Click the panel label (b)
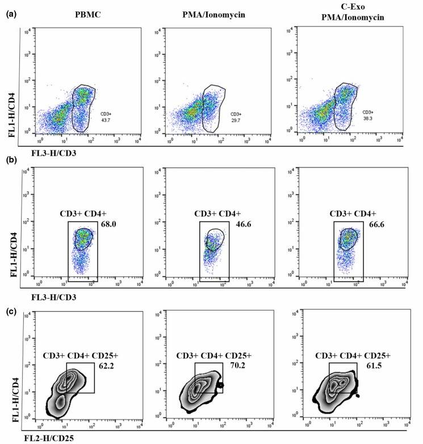tap(9, 160)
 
